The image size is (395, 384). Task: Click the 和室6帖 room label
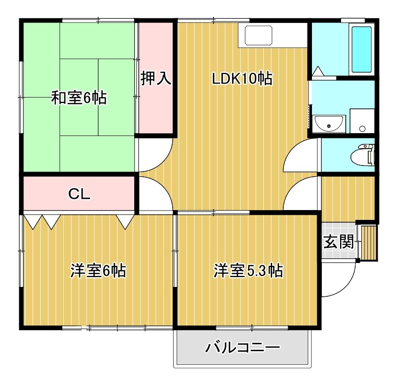(79, 98)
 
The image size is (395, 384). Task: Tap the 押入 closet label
(156, 78)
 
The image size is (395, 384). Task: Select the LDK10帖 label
(242, 78)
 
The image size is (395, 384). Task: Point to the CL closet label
(79, 194)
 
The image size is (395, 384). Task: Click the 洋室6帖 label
(98, 271)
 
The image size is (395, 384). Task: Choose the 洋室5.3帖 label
(248, 271)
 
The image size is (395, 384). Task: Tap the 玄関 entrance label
(339, 241)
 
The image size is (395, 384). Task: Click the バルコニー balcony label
(243, 348)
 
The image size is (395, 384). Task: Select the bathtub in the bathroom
(362, 49)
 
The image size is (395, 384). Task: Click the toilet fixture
(363, 155)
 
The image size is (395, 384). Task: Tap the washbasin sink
(329, 123)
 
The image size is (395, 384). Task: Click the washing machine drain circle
(362, 128)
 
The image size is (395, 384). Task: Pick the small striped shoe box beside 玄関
(369, 243)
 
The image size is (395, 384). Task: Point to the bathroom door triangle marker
(318, 71)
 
